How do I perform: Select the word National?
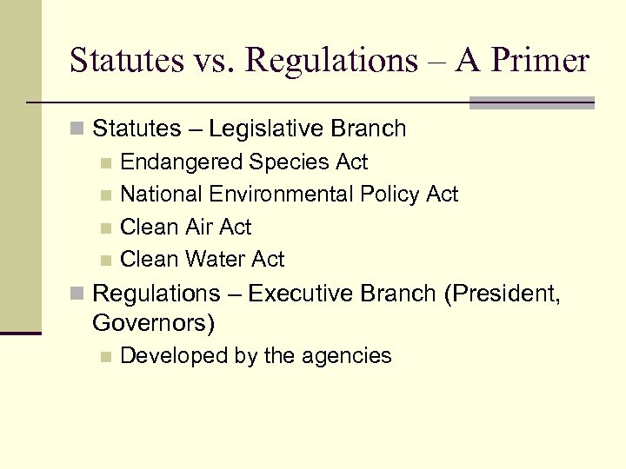coord(159,195)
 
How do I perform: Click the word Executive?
coord(305,294)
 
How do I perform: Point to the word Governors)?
coord(153,324)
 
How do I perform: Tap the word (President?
coord(502,294)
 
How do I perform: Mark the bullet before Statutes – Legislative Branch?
coord(77,129)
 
